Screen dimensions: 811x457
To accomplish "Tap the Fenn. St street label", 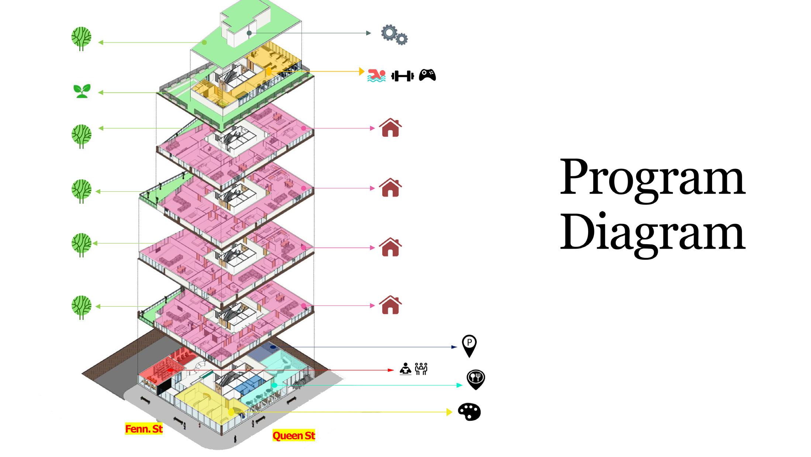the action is click(144, 429).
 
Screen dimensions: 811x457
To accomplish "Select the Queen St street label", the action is click(294, 436).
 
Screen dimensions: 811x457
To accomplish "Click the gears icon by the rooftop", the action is click(394, 35).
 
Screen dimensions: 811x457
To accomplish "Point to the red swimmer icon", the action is click(376, 75).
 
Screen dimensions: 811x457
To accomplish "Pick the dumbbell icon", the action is click(402, 76).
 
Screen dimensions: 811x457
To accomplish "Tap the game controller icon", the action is click(427, 75).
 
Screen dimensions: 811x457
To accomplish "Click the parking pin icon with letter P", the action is click(469, 346).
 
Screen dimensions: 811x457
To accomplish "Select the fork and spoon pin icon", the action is click(476, 379).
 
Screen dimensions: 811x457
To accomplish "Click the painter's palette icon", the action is click(469, 411).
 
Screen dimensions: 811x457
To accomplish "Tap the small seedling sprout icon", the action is click(82, 91).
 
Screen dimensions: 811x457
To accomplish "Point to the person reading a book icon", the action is click(405, 369).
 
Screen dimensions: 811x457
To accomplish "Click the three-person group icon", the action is click(421, 369).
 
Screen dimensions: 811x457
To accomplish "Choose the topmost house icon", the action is click(390, 128).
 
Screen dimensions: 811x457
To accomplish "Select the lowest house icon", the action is click(390, 305).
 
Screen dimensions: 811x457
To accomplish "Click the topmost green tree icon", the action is click(81, 38).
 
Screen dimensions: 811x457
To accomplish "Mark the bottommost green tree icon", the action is click(81, 307).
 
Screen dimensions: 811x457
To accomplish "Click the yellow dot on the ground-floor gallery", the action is click(231, 412).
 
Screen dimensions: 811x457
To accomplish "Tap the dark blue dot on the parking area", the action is click(273, 347).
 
